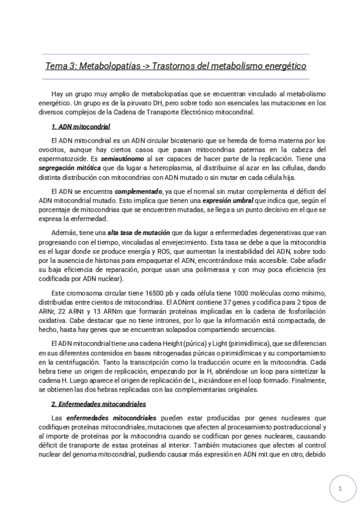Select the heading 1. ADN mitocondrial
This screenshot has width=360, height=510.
tap(81, 127)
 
